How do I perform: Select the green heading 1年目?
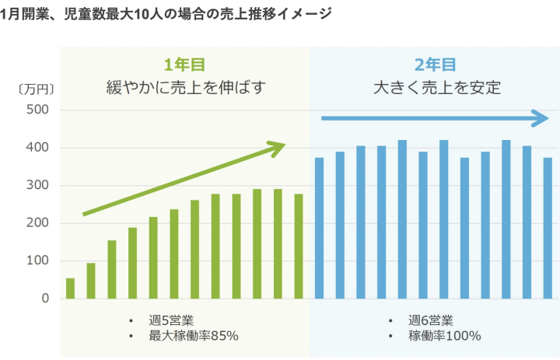184,65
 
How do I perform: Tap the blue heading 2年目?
435,65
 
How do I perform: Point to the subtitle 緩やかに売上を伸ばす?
184,87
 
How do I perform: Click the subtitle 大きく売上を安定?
435,87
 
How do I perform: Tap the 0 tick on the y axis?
45,299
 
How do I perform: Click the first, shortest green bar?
70,288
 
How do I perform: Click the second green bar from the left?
91,281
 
